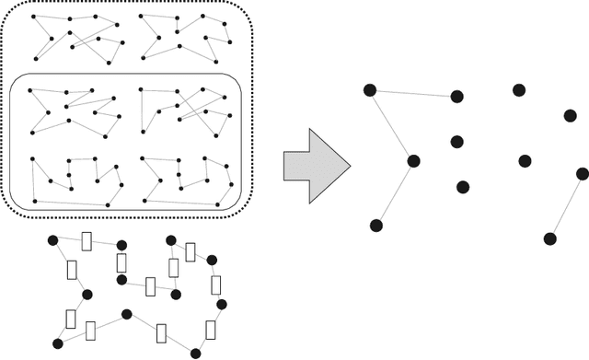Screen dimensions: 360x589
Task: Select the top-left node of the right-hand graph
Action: [370, 89]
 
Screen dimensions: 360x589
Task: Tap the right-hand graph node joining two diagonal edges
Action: [413, 160]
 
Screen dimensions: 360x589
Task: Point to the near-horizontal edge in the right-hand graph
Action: [413, 92]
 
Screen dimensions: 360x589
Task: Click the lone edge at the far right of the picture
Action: [565, 206]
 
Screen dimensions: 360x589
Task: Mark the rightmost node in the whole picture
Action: [582, 173]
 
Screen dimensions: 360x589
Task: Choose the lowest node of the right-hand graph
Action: [549, 238]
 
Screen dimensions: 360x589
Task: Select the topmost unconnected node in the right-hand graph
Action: [519, 89]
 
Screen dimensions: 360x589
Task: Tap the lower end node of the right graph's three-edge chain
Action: [375, 226]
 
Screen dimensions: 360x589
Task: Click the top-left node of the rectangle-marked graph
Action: [52, 240]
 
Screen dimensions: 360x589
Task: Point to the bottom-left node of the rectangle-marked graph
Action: [57, 343]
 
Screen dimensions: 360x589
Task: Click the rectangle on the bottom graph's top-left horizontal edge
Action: [87, 242]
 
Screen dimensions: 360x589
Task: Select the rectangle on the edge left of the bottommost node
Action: [163, 332]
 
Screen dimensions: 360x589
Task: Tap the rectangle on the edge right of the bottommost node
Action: [211, 331]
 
